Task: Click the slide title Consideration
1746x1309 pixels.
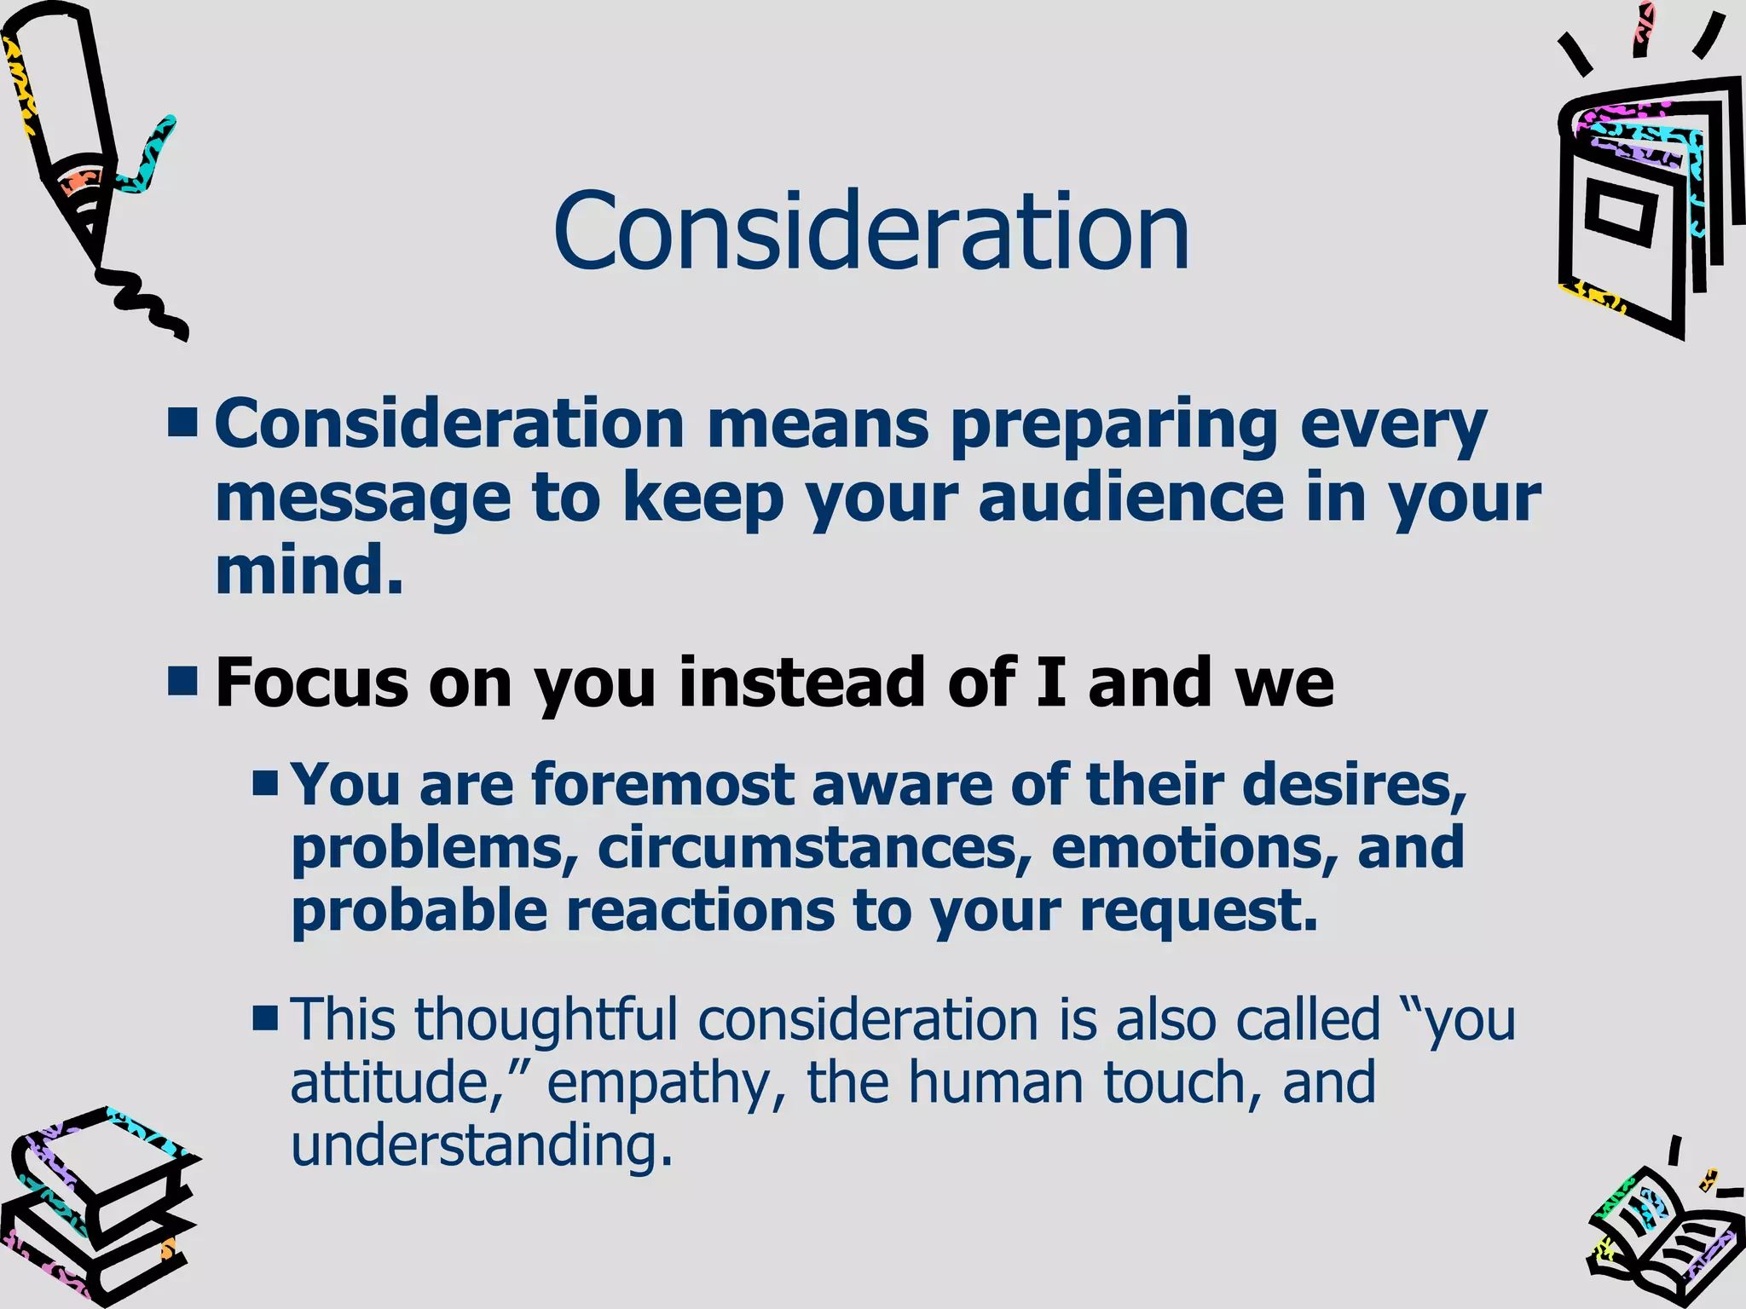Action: coord(870,232)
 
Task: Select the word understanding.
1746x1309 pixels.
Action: coord(482,1145)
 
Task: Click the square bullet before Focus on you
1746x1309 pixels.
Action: coord(183,682)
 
